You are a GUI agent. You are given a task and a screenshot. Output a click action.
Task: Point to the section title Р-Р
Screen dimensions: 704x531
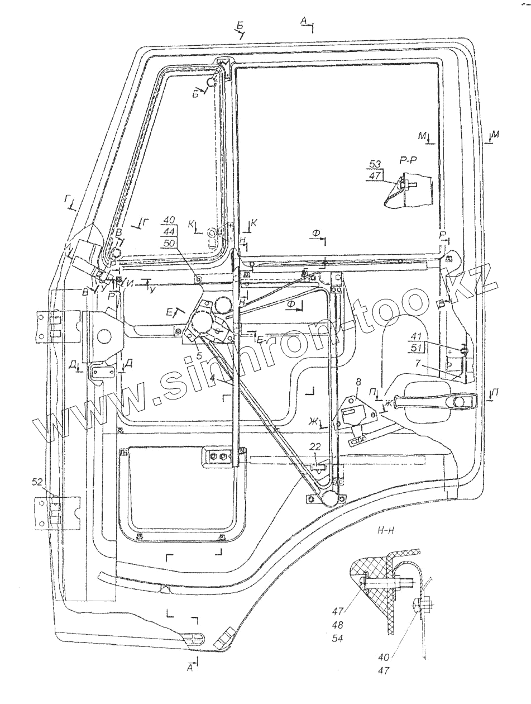click(407, 160)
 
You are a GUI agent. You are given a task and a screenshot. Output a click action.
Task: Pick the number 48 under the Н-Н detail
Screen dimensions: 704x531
click(352, 625)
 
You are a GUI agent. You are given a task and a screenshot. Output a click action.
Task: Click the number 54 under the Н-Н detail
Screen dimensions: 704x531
click(352, 638)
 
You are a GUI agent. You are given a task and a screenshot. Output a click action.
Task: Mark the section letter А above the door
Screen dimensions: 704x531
click(304, 21)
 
